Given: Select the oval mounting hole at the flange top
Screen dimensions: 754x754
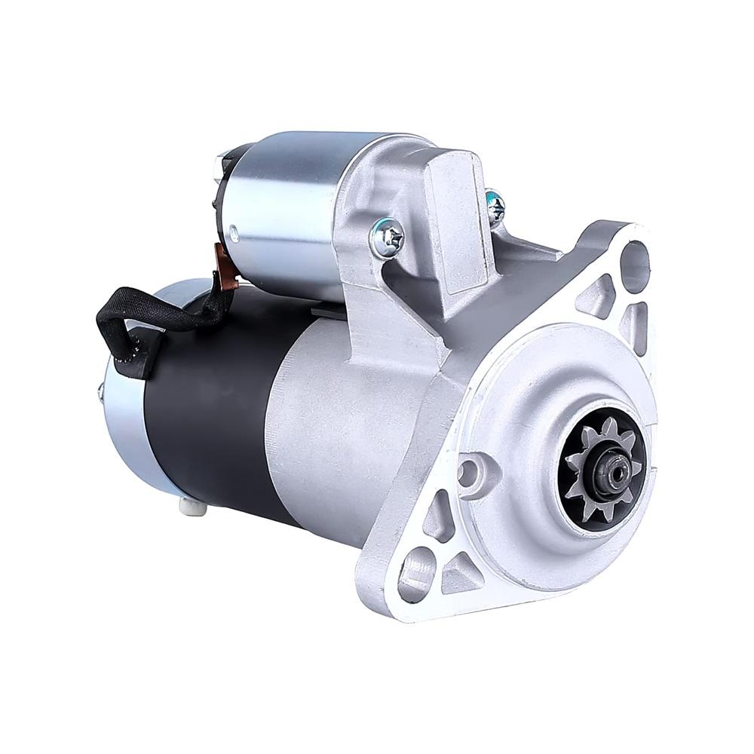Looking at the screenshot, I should click(x=635, y=261).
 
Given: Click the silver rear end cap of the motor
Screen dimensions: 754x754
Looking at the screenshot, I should click(x=124, y=422).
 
